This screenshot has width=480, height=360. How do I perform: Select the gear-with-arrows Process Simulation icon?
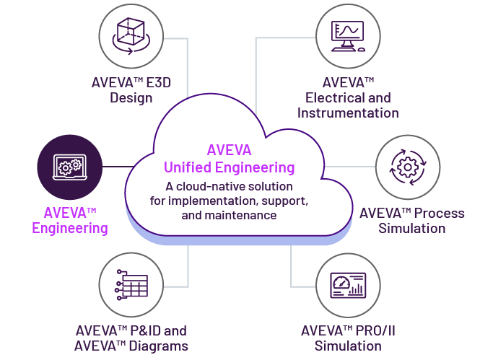(407, 168)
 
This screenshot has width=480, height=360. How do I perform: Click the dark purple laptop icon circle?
(69, 167)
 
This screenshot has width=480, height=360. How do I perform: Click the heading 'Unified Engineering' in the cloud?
(230, 167)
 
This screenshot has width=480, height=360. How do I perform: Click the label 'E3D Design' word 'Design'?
(131, 97)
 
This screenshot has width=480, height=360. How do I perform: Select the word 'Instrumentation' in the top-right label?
(348, 113)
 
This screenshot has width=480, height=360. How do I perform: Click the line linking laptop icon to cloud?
(115, 167)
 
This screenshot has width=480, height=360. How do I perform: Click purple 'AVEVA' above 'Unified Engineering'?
(230, 151)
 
